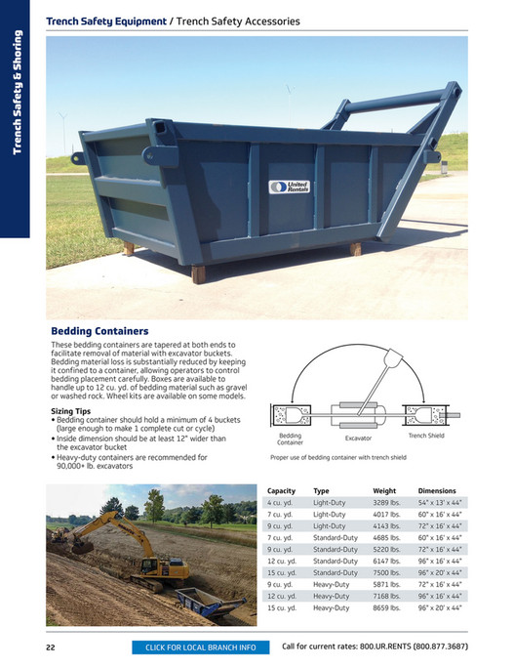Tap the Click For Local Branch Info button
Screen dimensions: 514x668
coord(200,647)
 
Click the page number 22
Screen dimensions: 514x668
coord(50,647)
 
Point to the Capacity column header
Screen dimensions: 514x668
coord(281,491)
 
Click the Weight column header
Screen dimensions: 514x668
coord(384,491)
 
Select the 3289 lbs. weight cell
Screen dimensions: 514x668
coord(386,502)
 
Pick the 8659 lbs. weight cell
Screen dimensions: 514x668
coord(386,607)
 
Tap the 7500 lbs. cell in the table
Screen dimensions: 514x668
coord(386,572)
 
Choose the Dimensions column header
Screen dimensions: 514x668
coord(437,491)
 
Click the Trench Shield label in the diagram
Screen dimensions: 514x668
coord(426,436)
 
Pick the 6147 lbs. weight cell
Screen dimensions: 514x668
coord(386,561)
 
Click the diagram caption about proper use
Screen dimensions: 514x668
coord(337,456)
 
